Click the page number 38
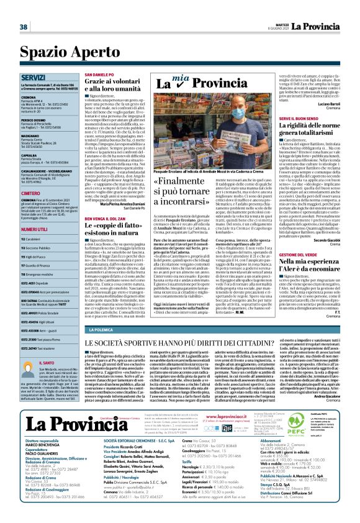[24, 27]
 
